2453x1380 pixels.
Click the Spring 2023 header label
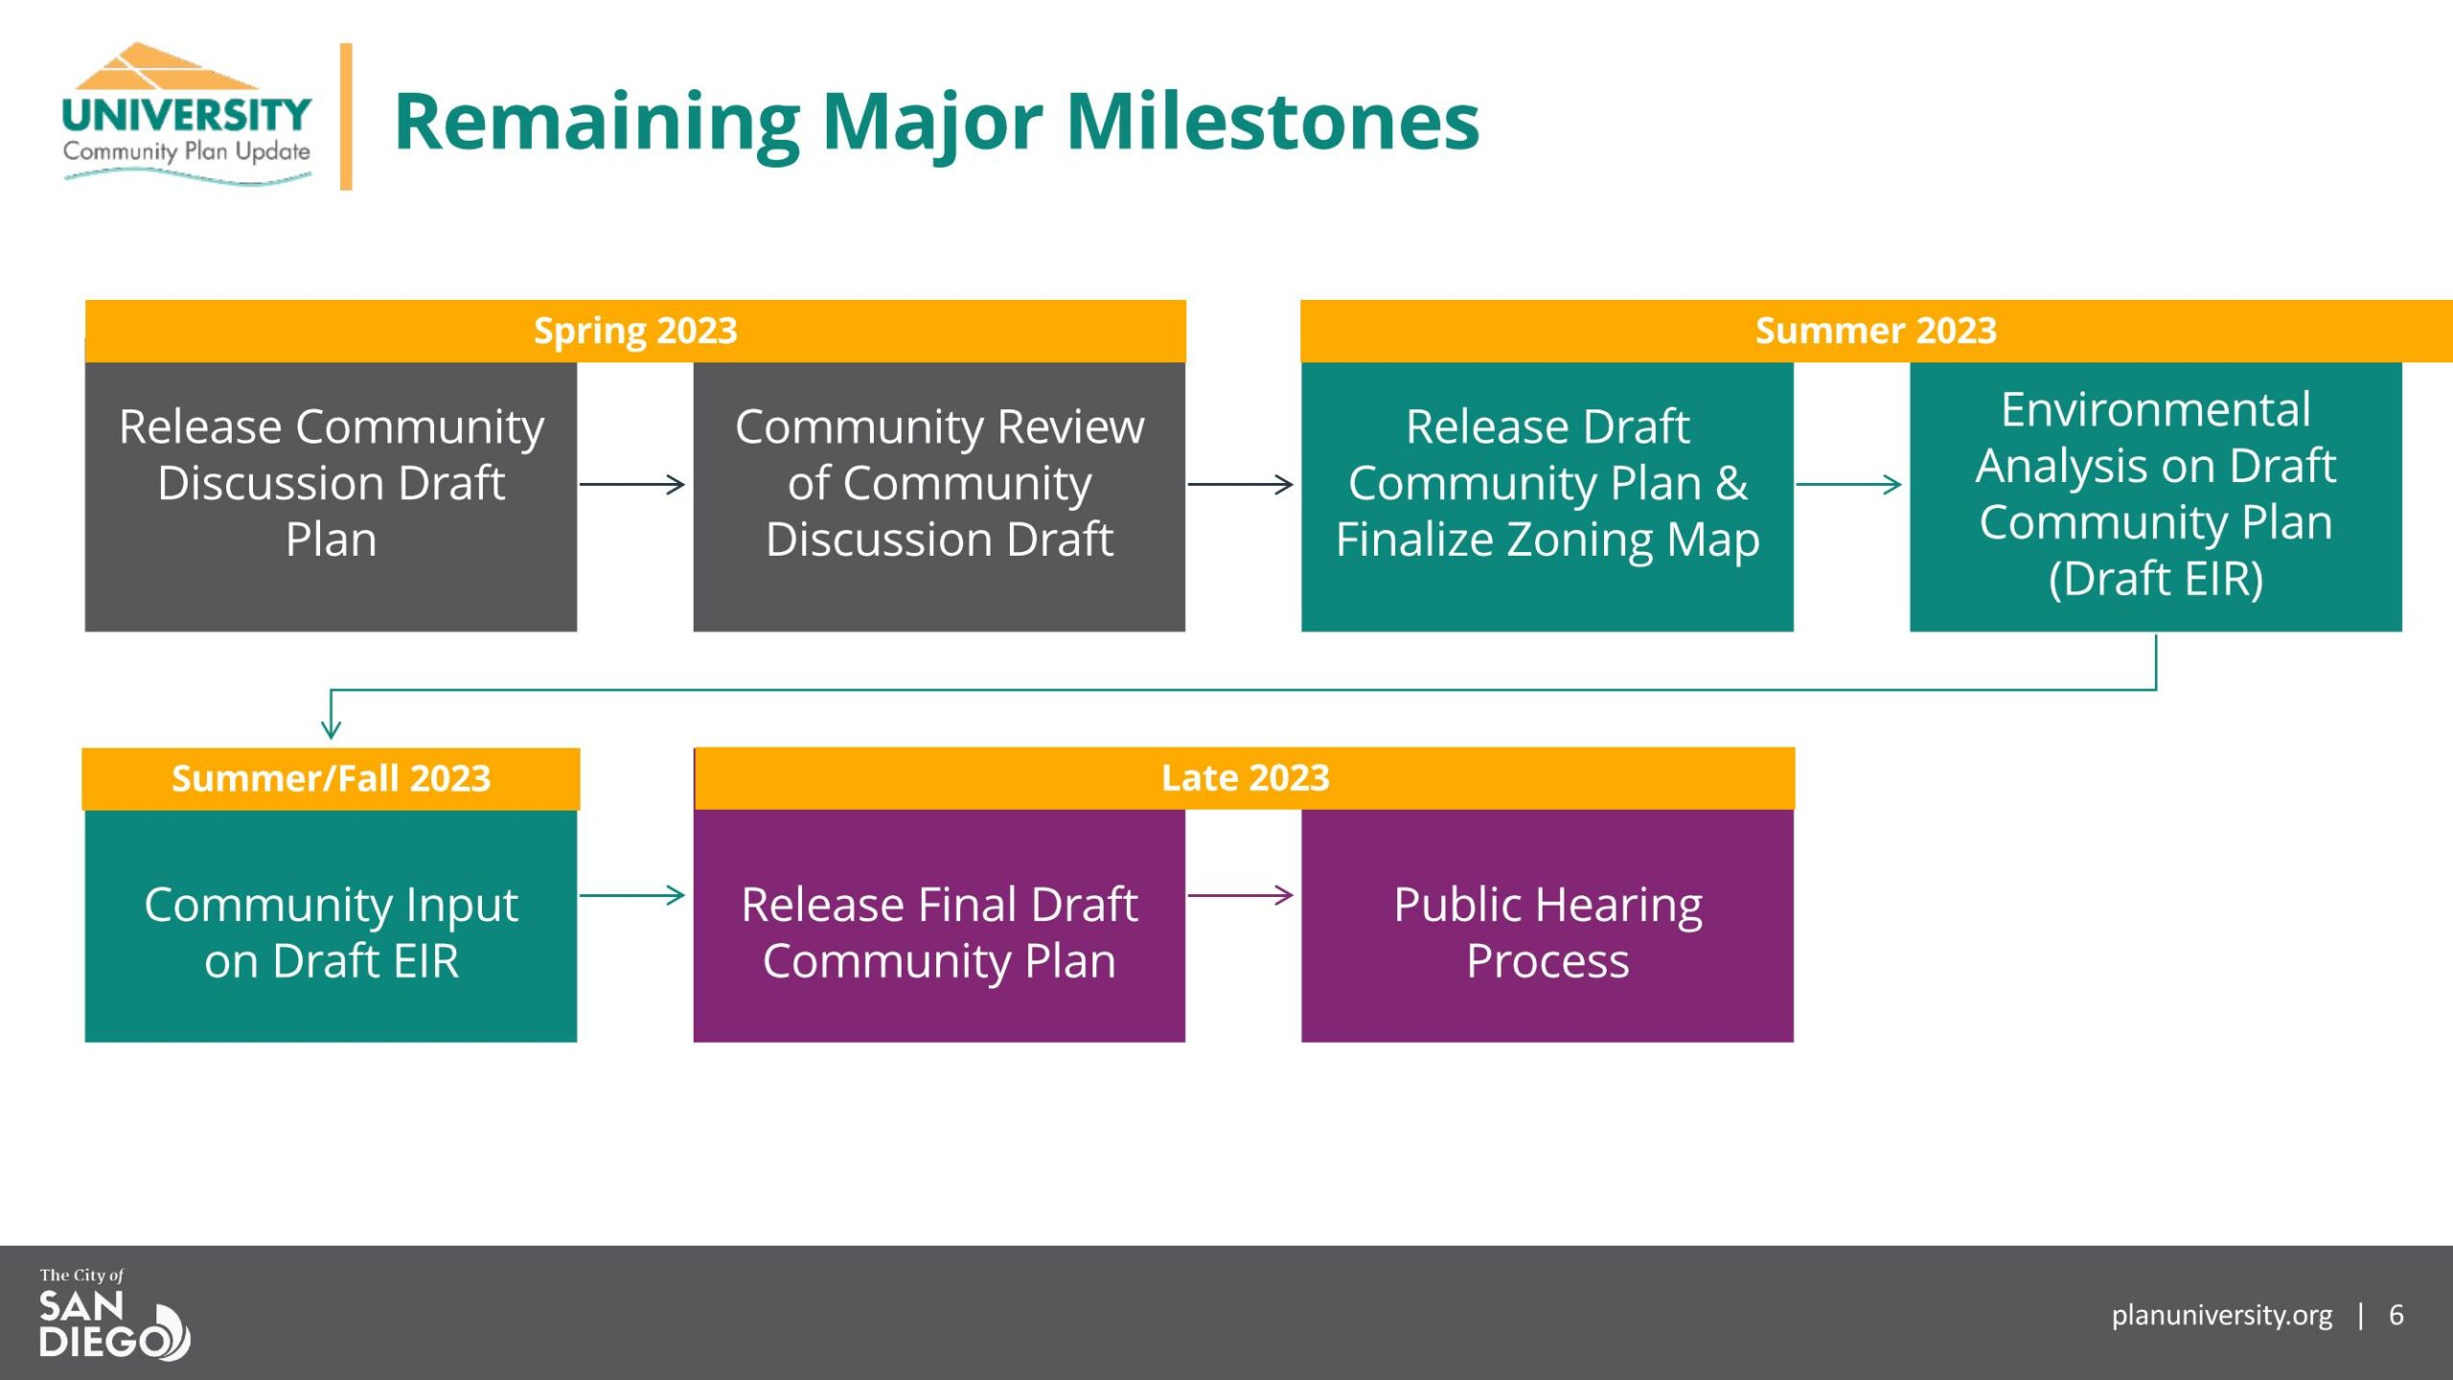coord(635,331)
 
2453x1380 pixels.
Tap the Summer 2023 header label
coord(1875,331)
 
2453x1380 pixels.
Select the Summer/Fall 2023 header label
coord(331,778)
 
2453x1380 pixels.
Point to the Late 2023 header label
coord(1245,777)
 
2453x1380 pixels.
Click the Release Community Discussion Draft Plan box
coord(331,496)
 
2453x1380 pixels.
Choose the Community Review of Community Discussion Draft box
coord(939,496)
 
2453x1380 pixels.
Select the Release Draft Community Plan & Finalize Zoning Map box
coord(1547,496)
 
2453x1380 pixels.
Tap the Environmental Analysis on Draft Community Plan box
coord(2156,496)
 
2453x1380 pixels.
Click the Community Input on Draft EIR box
coord(331,926)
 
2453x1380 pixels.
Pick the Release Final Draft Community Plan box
coord(939,926)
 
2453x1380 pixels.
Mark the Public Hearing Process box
coord(1547,926)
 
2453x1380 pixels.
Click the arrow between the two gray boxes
coord(632,484)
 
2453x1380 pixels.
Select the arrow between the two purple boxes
coord(1241,895)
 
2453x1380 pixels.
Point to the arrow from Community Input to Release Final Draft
coord(632,895)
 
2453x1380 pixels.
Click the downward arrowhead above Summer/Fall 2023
coord(331,727)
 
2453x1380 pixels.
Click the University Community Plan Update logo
coord(187,114)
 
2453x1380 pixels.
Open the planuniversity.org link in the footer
coord(2222,1316)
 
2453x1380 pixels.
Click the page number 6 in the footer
coord(2396,1314)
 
